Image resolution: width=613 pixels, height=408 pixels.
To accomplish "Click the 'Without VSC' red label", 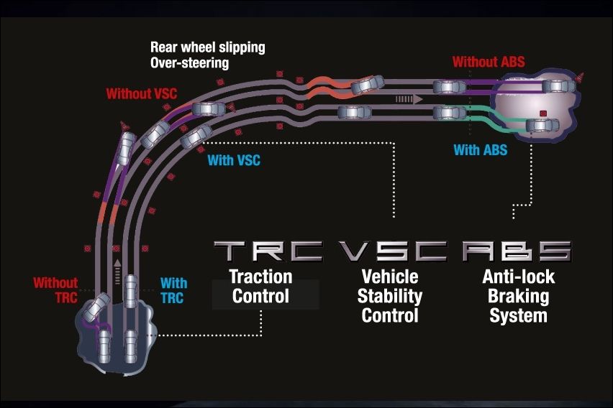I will [x=141, y=93].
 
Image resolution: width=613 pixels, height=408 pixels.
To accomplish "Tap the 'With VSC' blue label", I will [x=233, y=160].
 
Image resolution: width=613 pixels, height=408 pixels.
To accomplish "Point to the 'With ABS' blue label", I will [x=480, y=150].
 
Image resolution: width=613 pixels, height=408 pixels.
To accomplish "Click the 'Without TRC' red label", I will [x=55, y=290].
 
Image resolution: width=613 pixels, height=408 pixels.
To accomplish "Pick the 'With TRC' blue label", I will [x=173, y=290].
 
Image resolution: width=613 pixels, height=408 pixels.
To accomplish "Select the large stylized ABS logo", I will [x=517, y=251].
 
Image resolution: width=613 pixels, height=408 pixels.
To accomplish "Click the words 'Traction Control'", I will [x=260, y=286].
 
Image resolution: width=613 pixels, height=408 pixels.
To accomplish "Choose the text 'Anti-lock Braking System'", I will [x=518, y=296].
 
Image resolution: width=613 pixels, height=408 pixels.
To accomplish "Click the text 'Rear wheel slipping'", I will [x=207, y=47].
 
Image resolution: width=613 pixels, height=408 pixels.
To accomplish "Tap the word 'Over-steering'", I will [x=189, y=62].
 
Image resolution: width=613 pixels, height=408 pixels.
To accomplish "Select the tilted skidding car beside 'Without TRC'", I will [x=96, y=307].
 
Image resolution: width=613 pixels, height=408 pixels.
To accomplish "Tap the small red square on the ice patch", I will [x=544, y=113].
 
